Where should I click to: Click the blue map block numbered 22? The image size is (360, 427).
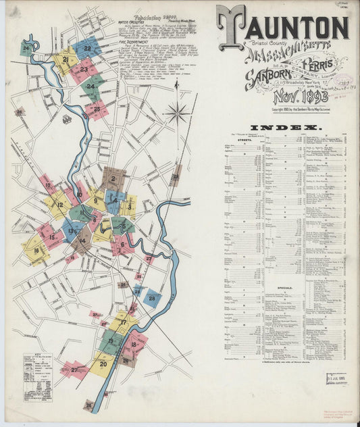[87, 48]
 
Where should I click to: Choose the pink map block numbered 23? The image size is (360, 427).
[83, 69]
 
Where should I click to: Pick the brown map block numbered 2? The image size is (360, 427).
[113, 179]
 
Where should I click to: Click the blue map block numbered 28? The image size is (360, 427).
[152, 298]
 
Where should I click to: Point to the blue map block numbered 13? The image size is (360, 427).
[71, 231]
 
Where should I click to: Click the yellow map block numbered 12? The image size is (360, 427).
[59, 204]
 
